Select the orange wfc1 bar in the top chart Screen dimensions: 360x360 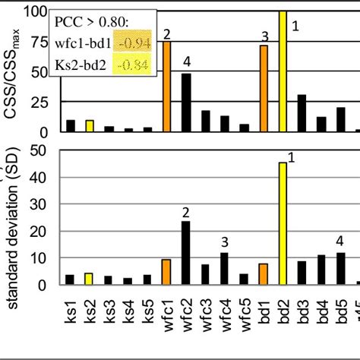166,87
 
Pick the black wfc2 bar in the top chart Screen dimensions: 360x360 186,103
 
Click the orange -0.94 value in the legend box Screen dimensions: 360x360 137,43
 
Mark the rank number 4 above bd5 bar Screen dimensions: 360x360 339,239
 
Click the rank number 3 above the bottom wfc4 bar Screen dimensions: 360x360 225,242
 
